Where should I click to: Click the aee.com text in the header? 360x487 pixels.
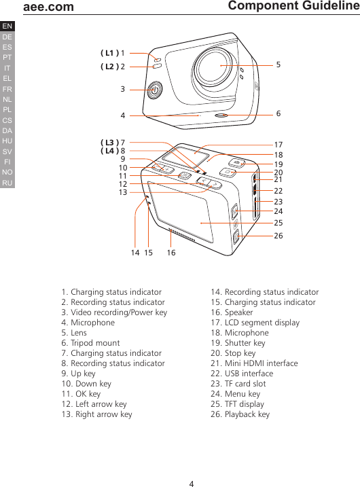tap(48, 7)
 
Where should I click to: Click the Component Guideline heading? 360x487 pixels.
tap(293, 6)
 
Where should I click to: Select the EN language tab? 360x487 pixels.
tap(7, 26)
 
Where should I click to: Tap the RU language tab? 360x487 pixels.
tap(7, 183)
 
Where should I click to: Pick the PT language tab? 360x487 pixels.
tap(7, 58)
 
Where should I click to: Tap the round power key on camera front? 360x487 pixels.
tap(156, 90)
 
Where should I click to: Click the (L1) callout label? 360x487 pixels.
tap(109, 52)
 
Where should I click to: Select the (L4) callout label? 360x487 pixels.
tap(109, 151)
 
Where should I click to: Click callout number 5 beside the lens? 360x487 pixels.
tap(278, 65)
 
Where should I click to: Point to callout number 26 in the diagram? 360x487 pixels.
tap(278, 236)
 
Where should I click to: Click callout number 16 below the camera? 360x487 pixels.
tap(170, 253)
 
